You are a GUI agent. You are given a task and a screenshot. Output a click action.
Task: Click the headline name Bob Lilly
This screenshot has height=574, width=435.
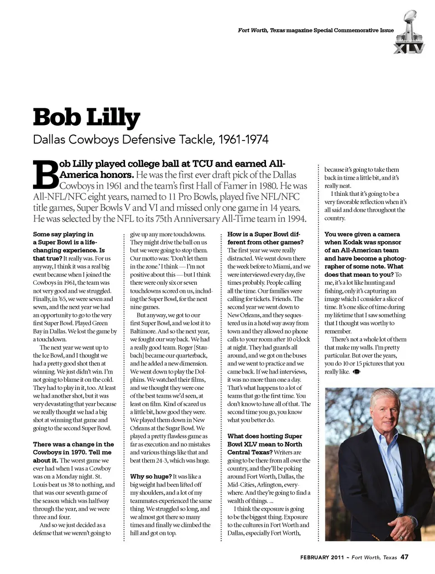(x=87, y=117)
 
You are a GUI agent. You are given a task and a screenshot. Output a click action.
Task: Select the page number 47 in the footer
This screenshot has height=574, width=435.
(x=404, y=557)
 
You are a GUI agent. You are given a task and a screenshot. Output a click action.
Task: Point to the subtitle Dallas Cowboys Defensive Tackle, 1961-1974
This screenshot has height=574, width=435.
(x=150, y=139)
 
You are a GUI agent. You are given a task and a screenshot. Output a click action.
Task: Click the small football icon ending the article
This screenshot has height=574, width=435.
(x=356, y=372)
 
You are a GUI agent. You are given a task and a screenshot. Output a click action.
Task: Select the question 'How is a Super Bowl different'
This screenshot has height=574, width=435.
(x=265, y=238)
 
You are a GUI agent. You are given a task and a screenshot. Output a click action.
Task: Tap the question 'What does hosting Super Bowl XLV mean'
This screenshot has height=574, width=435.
(x=265, y=444)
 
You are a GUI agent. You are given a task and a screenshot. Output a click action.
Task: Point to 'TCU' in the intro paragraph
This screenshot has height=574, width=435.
(x=202, y=164)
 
